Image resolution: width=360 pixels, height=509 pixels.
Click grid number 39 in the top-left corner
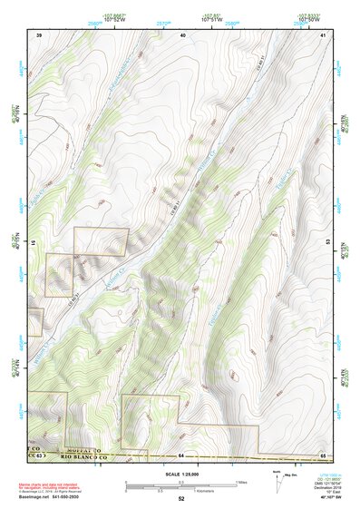(x=39, y=34)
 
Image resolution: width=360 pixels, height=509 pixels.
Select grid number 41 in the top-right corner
(x=323, y=34)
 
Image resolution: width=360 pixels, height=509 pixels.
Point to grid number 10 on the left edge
(x=35, y=242)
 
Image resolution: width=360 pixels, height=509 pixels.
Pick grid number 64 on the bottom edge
(x=181, y=455)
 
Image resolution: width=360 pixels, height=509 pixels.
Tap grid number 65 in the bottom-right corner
(x=323, y=455)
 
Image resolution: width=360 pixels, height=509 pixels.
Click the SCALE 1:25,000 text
(x=180, y=475)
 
